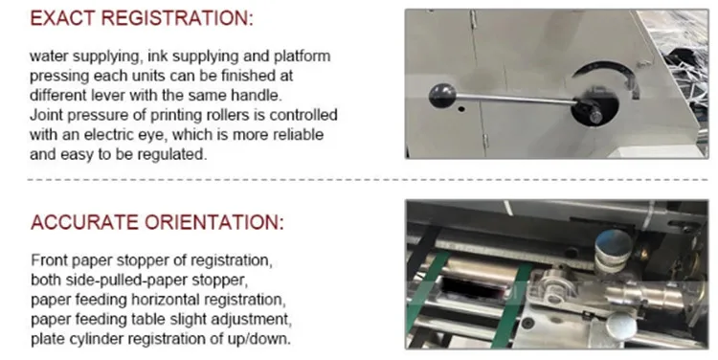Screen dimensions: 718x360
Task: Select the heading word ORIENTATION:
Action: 214,222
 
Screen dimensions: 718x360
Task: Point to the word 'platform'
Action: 303,57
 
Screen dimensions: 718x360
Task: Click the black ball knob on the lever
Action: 442,96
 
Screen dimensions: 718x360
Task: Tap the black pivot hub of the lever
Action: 590,111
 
